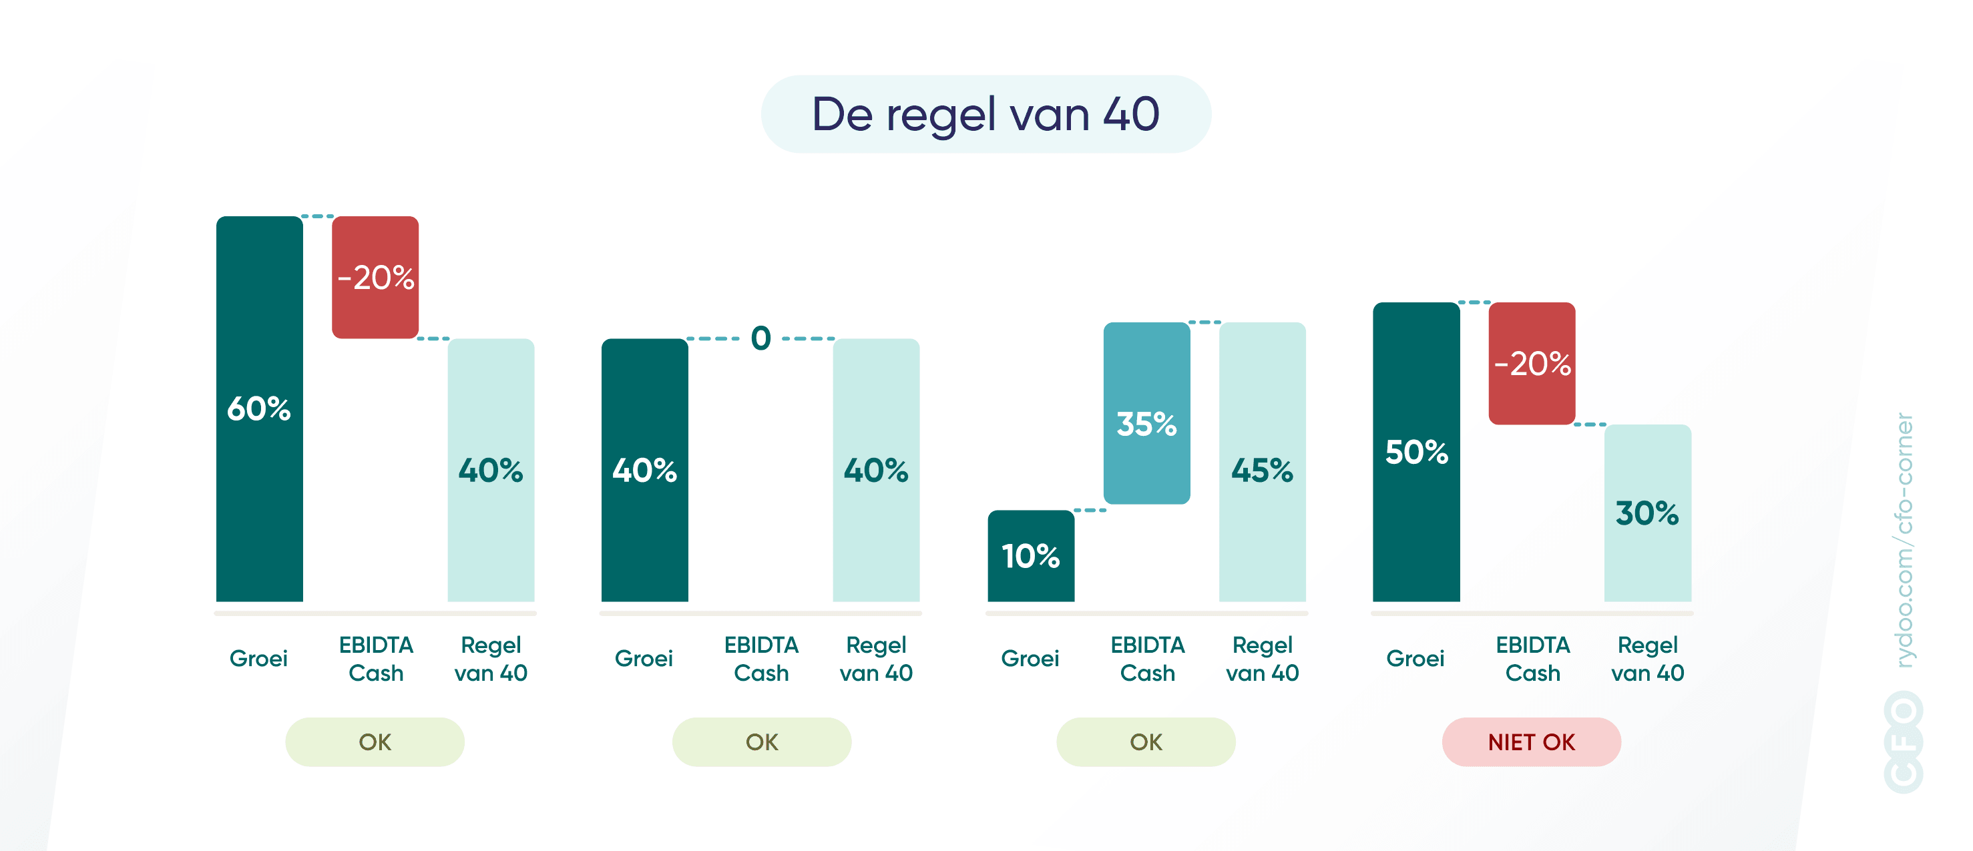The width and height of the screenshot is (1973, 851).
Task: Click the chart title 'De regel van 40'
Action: pos(985,114)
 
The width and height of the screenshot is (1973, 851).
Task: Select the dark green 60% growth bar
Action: pos(259,408)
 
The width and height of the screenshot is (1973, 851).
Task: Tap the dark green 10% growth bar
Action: pos(1030,555)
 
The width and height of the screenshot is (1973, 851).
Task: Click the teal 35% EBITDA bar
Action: pos(1146,414)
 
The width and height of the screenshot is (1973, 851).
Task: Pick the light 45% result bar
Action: pos(1261,462)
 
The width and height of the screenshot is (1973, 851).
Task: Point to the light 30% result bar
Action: pos(1647,513)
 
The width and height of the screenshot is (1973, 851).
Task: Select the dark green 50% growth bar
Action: pos(1415,452)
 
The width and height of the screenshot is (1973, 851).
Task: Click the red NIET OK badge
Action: pos(1530,742)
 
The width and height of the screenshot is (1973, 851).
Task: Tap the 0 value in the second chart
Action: pos(760,338)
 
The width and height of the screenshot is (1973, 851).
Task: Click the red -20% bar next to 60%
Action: pos(375,277)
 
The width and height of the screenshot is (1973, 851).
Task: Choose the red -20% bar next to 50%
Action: pos(1531,363)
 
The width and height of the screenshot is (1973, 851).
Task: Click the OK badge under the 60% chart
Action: pos(375,742)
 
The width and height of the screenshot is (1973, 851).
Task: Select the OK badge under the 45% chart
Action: pos(1145,742)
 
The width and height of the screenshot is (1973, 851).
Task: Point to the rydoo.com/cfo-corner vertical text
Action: pos(1904,540)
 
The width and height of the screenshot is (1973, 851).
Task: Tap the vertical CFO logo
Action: pos(1904,741)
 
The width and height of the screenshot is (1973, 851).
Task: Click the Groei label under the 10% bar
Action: pos(1030,658)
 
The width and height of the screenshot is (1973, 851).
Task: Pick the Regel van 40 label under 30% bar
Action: pos(1647,659)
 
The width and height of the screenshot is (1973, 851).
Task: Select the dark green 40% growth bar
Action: pos(644,469)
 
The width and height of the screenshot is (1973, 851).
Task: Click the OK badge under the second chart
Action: pos(761,742)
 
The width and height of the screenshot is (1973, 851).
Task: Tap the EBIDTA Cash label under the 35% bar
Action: pos(1146,659)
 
